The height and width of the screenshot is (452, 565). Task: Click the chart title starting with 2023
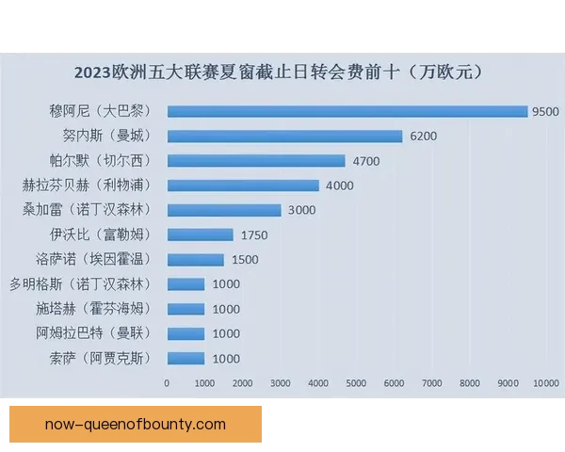coord(283,73)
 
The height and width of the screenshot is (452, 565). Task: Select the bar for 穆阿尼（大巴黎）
coord(347,111)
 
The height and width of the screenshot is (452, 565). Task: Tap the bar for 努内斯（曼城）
coord(284,136)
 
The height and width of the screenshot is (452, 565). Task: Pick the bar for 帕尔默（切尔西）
coord(256,160)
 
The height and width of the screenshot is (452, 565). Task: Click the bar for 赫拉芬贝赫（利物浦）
coord(243,186)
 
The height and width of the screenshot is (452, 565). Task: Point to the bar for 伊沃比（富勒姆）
coord(200,234)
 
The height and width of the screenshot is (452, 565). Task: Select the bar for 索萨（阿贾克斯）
coord(186,358)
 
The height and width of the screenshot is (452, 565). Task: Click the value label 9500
coord(544,111)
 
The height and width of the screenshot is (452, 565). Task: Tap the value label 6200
coord(423,136)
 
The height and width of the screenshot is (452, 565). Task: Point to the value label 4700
coord(365,161)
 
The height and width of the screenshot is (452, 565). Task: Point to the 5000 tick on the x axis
coord(357,383)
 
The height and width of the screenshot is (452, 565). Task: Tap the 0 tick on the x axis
coord(168,383)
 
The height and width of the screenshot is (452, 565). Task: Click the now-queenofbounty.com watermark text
coord(136,424)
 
